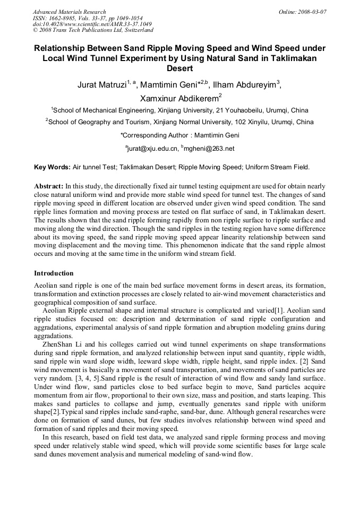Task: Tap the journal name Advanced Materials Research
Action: [x=69, y=12]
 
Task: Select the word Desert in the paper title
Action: [x=179, y=68]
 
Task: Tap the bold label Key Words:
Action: [x=52, y=167]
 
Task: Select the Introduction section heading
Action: [x=54, y=273]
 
